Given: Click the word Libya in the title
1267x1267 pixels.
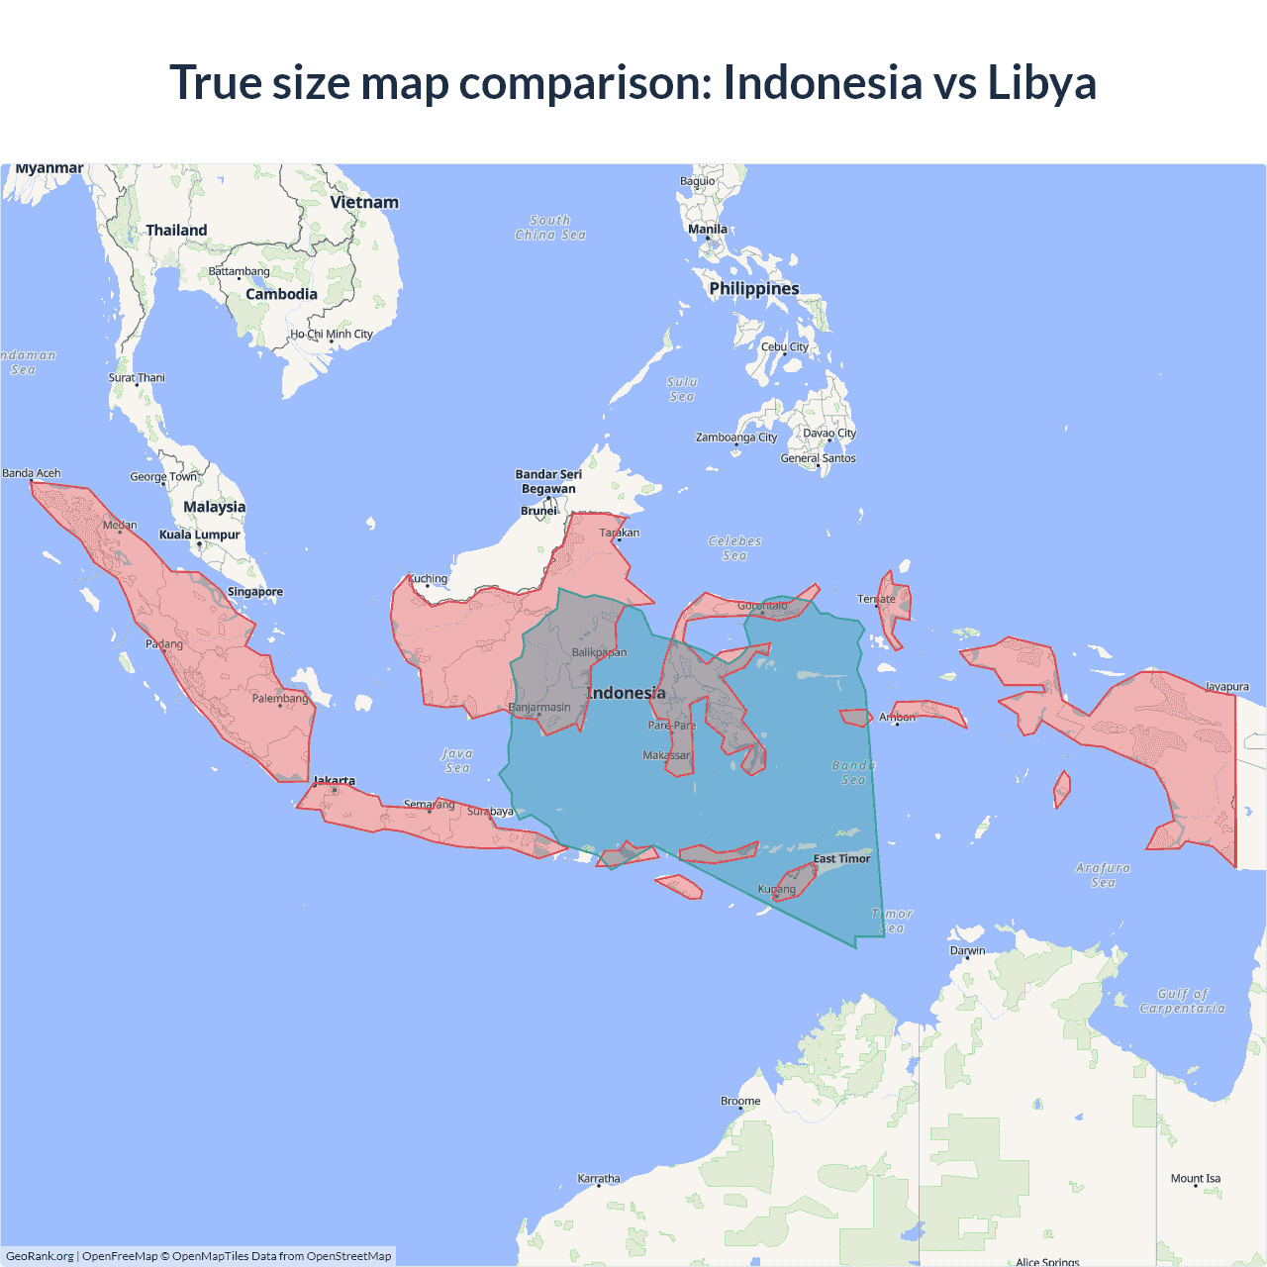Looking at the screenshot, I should (1041, 82).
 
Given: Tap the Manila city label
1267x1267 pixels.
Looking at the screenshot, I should (708, 229).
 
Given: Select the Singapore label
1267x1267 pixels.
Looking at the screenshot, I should (255, 592).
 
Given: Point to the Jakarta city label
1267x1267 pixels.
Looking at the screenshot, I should (335, 781).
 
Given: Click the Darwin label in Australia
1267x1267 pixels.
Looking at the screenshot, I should (968, 950).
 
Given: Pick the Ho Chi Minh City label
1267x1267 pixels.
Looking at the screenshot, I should (332, 334).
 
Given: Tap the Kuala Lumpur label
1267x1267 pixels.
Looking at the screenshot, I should (200, 535).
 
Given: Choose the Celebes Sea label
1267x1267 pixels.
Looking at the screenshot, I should (734, 548).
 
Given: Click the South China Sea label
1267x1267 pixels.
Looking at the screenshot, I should (550, 228).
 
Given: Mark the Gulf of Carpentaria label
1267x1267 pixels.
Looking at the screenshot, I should (1182, 1001).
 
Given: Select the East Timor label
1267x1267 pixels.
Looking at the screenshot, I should (841, 858).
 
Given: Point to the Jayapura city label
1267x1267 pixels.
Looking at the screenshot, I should (1226, 686).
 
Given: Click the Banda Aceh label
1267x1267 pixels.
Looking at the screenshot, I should (32, 473).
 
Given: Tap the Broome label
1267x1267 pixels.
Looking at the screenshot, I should (740, 1101).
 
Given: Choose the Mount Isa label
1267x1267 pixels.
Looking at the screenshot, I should (1196, 1178).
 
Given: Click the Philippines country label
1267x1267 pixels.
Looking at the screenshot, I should (754, 288).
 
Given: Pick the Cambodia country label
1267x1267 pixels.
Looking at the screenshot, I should (281, 294).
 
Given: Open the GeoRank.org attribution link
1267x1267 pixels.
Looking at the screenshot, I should (40, 1256).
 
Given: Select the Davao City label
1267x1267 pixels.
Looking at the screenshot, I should (829, 433).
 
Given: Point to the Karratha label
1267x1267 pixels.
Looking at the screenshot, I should (599, 1178).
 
